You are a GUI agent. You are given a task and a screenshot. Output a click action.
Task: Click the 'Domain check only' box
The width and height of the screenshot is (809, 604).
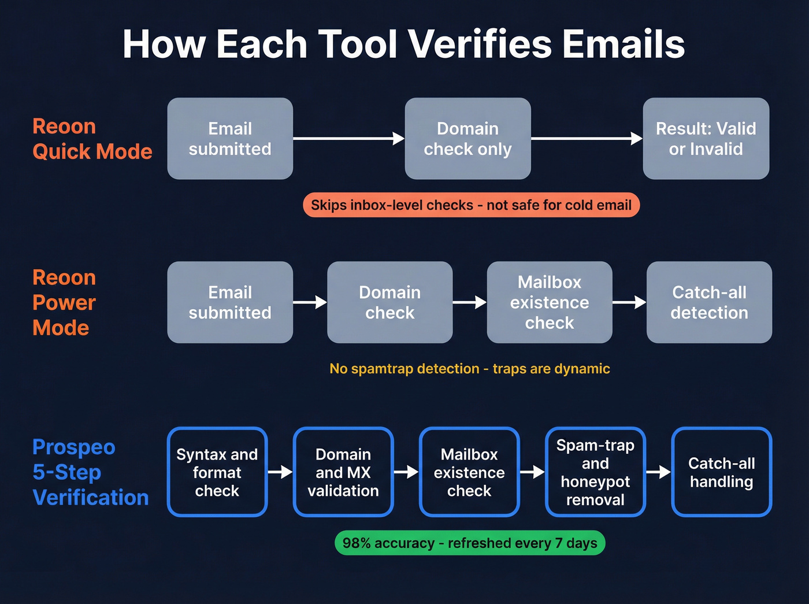[x=467, y=139]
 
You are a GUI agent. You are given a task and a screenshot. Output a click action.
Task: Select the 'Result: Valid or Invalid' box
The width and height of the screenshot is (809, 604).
[x=706, y=139]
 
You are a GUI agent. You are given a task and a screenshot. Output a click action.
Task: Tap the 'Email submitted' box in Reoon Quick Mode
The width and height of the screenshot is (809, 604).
[x=230, y=139]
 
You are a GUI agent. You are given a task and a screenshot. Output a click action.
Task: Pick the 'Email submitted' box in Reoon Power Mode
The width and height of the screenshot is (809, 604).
[x=230, y=302]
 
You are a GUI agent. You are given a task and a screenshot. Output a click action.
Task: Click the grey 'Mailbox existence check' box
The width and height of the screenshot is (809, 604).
[x=549, y=302]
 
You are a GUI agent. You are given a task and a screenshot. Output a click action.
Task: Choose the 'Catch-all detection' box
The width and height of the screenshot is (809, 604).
[x=709, y=302]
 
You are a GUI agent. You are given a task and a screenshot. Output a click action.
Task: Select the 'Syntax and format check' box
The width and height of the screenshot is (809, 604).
[x=217, y=472]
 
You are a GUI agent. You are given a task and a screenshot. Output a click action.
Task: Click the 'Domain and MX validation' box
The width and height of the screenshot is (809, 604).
[x=343, y=472]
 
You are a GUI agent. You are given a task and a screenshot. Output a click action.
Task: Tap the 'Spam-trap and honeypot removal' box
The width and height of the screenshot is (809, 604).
[x=595, y=472]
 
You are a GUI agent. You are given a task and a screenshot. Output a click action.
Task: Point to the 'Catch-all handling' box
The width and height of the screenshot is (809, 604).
[x=722, y=472]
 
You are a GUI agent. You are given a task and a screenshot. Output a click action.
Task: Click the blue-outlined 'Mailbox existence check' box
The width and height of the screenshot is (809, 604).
[x=469, y=472]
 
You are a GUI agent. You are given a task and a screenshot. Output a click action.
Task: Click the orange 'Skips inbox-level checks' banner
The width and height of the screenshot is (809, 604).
[x=471, y=205]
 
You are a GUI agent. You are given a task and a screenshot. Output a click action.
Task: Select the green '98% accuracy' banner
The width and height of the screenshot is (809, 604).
[x=470, y=543]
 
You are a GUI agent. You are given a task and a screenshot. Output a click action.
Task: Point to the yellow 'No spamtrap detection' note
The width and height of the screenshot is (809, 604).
[x=470, y=369]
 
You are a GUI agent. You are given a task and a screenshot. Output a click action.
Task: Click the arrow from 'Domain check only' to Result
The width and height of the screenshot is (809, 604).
[x=587, y=139]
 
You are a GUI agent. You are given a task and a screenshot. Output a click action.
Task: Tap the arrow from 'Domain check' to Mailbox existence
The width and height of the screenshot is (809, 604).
[x=469, y=302]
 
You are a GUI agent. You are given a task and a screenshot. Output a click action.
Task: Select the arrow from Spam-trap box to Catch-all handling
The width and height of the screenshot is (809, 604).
[x=658, y=472]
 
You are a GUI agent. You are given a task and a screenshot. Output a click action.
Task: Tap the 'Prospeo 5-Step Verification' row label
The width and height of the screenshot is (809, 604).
[x=91, y=472]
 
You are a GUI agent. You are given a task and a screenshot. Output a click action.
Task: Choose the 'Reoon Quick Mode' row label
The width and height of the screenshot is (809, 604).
[x=92, y=139]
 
